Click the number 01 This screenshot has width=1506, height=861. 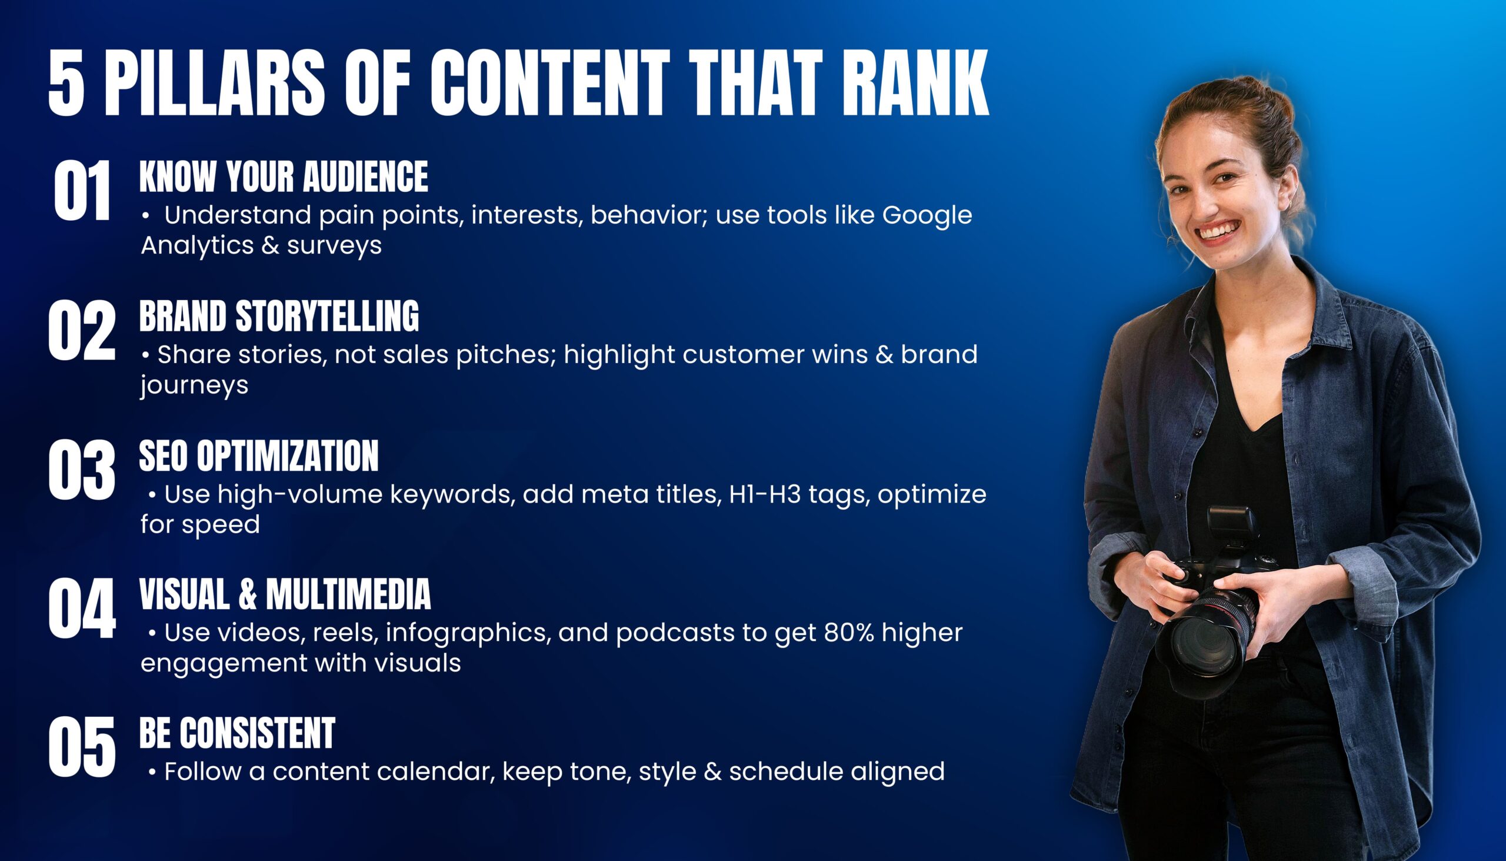pos(82,191)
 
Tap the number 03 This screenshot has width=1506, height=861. pos(82,470)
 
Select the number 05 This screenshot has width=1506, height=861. pos(82,747)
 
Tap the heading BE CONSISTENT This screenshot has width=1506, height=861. pos(237,733)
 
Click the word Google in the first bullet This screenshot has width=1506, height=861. pos(927,216)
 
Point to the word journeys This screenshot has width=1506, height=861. pos(195,385)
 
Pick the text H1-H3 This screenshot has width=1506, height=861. pos(765,494)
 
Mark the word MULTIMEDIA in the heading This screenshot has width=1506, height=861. pos(348,594)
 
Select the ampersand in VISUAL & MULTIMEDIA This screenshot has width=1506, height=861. pos(248,594)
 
